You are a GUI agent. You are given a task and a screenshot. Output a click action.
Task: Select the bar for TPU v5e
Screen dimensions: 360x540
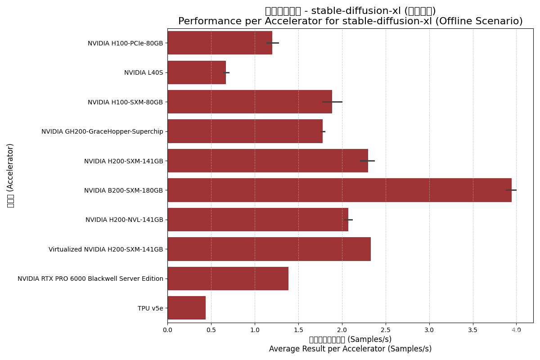pos(186,308)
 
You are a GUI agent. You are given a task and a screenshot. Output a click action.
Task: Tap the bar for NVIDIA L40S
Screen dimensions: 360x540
pos(196,72)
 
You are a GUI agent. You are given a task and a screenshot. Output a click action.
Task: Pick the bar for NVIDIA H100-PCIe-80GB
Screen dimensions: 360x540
pos(220,43)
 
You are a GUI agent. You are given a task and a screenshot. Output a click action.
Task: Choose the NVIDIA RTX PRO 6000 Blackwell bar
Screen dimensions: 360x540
pos(228,279)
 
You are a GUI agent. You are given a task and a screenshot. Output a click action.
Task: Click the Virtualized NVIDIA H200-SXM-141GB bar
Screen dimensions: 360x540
pos(269,249)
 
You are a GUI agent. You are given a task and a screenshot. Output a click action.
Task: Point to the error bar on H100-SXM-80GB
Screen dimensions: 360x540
pos(332,102)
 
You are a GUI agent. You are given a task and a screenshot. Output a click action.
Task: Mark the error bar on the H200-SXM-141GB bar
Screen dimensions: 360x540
pos(367,161)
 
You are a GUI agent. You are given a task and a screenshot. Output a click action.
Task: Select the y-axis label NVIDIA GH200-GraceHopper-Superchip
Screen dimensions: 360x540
pos(102,131)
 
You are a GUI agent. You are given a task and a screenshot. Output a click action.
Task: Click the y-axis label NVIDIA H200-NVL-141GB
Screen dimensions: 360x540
pos(124,220)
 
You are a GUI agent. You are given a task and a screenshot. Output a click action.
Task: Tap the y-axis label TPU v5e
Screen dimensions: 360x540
pos(150,308)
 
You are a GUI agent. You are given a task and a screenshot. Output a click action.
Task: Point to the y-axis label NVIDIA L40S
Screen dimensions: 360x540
pos(144,72)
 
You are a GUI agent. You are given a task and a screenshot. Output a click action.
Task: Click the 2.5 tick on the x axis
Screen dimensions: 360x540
pos(385,330)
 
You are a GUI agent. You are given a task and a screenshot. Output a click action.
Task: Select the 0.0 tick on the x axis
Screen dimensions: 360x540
pos(167,330)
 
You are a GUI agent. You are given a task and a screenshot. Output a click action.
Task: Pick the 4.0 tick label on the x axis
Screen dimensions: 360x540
pos(516,330)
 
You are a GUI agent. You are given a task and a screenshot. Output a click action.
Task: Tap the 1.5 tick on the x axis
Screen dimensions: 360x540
pos(298,330)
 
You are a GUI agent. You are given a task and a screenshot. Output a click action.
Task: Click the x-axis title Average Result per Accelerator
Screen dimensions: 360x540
pos(350,349)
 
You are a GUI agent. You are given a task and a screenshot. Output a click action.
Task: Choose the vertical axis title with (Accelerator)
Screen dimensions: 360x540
pos(10,175)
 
